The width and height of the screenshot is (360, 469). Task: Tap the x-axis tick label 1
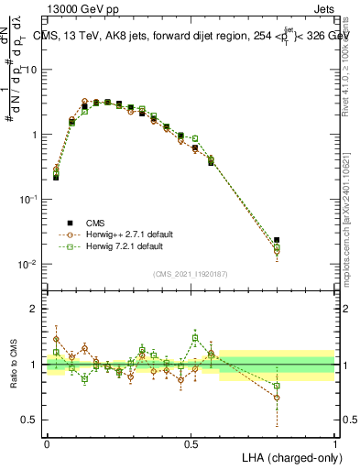[335, 442]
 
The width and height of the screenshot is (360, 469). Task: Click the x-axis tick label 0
[48, 442]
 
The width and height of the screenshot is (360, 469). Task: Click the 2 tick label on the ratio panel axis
[38, 309]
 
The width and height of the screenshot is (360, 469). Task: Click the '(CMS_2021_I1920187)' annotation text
[191, 272]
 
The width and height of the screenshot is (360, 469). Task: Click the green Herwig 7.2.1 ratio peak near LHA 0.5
[195, 337]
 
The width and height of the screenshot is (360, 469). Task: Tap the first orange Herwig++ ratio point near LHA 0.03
[56, 338]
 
